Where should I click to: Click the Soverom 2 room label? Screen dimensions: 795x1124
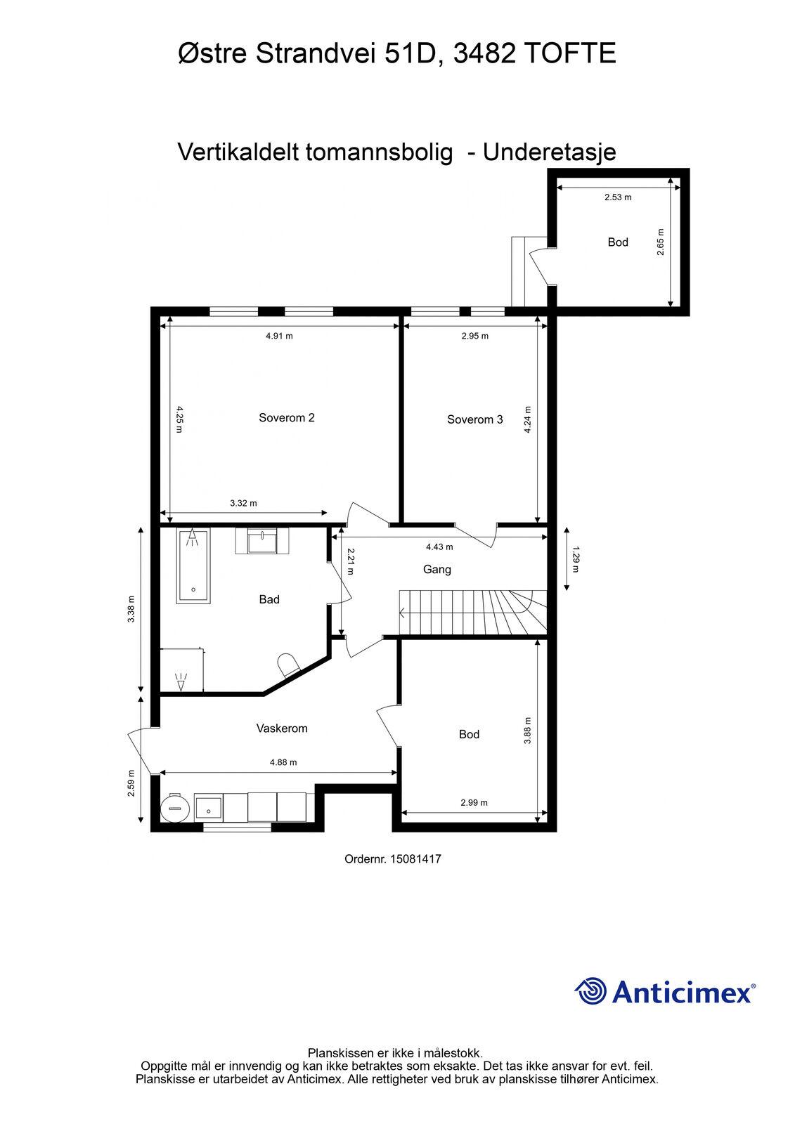(x=286, y=417)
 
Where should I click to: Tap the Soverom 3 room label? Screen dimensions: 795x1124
(x=474, y=419)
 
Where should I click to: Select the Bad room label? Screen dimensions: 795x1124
(x=269, y=599)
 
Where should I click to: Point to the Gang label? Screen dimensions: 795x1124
(x=437, y=570)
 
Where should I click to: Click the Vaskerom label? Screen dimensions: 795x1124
(x=282, y=728)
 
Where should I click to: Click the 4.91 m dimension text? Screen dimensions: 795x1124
(x=279, y=336)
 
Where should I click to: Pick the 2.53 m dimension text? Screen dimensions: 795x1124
(x=618, y=197)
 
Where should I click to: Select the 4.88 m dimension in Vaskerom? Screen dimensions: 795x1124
(x=283, y=762)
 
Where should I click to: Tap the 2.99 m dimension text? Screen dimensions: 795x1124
(x=474, y=802)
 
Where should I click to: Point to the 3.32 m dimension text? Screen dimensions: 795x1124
(x=244, y=503)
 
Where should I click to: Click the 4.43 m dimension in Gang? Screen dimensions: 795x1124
(x=439, y=547)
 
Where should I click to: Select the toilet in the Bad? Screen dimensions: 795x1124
(x=287, y=665)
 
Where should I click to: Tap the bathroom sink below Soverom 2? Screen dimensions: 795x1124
(x=262, y=541)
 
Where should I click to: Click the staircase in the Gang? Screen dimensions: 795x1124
(x=472, y=612)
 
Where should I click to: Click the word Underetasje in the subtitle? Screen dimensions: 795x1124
(x=550, y=152)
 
